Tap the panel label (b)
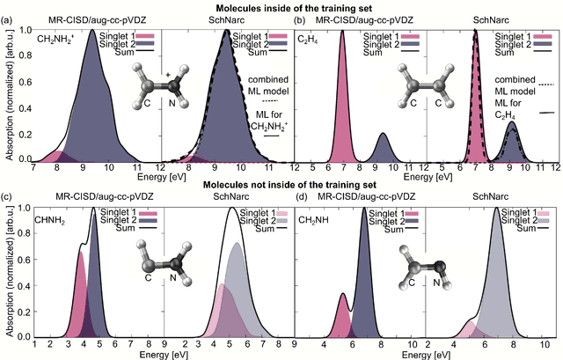302,18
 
